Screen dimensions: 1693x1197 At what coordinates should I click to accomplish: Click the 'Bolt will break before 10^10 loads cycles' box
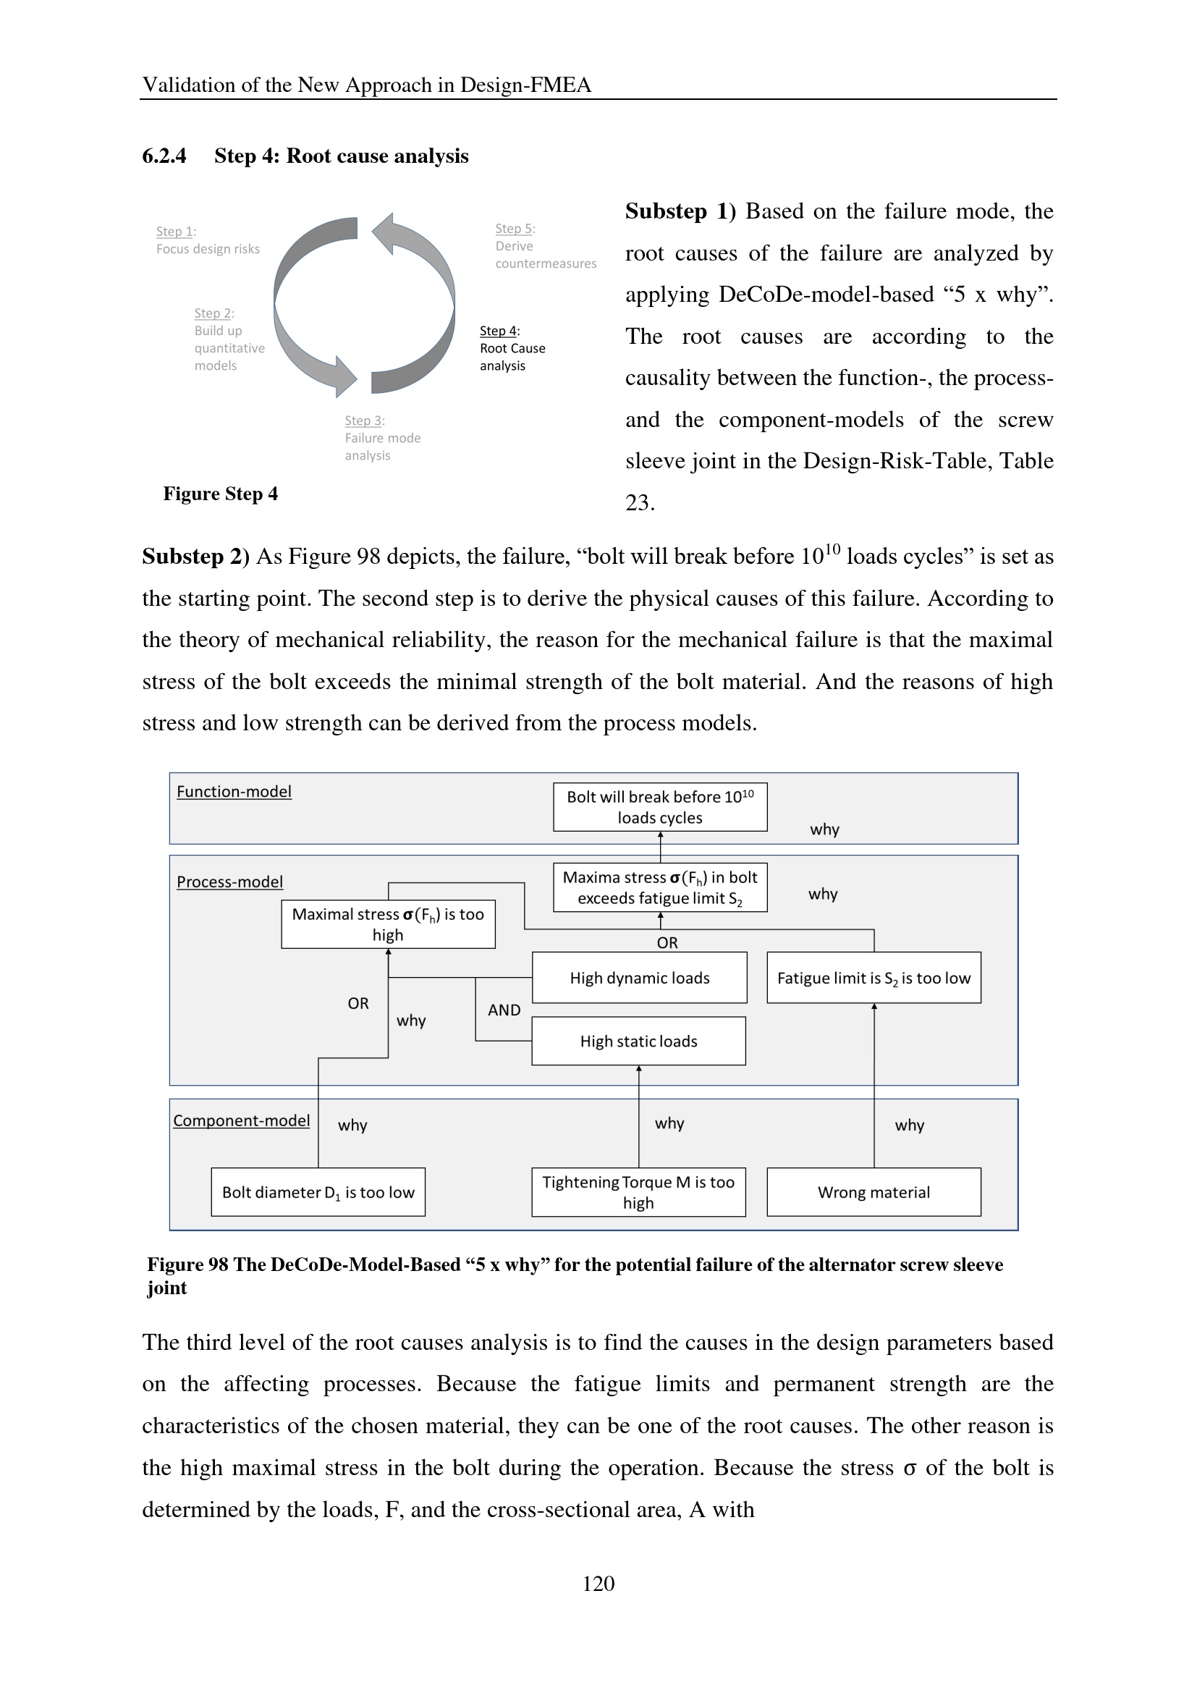(660, 806)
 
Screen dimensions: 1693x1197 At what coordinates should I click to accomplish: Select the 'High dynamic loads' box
(639, 978)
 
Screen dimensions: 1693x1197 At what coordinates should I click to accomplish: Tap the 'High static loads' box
(638, 1041)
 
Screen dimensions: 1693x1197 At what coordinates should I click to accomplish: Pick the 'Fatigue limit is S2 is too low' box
(874, 978)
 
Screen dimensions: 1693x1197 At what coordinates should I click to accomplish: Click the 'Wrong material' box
(874, 1192)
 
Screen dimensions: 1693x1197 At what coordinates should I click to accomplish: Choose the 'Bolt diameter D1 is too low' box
(318, 1192)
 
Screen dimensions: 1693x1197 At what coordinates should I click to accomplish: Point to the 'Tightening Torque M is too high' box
(638, 1192)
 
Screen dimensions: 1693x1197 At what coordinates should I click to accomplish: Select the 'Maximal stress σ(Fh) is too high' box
(388, 924)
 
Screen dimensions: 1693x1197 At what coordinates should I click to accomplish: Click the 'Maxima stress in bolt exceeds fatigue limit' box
(660, 887)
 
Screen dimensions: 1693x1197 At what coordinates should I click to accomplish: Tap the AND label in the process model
(504, 1010)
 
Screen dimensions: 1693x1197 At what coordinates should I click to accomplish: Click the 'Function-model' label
(234, 791)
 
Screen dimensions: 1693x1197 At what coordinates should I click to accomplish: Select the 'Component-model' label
(241, 1120)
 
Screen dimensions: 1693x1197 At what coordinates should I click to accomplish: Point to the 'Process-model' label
(229, 882)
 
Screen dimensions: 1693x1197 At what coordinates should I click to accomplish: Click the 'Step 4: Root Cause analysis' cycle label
(512, 348)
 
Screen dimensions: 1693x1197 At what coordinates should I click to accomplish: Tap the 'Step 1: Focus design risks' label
(207, 240)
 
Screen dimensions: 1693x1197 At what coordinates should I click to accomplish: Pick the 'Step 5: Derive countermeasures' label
(546, 246)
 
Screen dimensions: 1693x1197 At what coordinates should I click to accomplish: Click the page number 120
(598, 1583)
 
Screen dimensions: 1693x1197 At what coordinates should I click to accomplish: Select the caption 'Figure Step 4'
(221, 494)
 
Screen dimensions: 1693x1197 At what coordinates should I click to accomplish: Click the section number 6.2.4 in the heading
(164, 156)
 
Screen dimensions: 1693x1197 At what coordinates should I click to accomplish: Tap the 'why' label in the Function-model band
(824, 829)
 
